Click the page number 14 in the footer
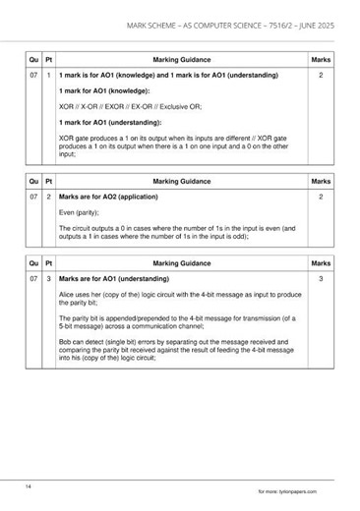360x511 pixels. pyautogui.click(x=30, y=485)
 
